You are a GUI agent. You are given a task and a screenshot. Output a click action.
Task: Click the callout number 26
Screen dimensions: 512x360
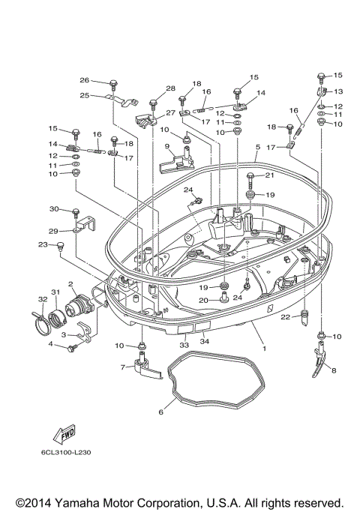(85, 80)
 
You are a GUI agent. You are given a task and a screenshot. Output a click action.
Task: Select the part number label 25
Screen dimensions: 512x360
(85, 95)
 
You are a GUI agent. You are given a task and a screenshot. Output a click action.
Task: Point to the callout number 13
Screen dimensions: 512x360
(338, 91)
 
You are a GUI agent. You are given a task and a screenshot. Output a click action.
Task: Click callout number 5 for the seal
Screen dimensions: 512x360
(256, 148)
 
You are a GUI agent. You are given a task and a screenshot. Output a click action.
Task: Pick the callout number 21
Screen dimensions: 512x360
(270, 175)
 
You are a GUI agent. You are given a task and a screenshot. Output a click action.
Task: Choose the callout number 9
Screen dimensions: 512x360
(168, 147)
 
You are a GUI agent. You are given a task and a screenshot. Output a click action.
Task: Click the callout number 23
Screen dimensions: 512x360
(43, 244)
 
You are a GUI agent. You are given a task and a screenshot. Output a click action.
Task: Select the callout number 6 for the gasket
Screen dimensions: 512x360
(161, 412)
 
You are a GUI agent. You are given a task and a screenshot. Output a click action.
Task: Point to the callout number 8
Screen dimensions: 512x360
(334, 371)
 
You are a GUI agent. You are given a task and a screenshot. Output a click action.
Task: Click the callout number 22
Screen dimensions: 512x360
(286, 317)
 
